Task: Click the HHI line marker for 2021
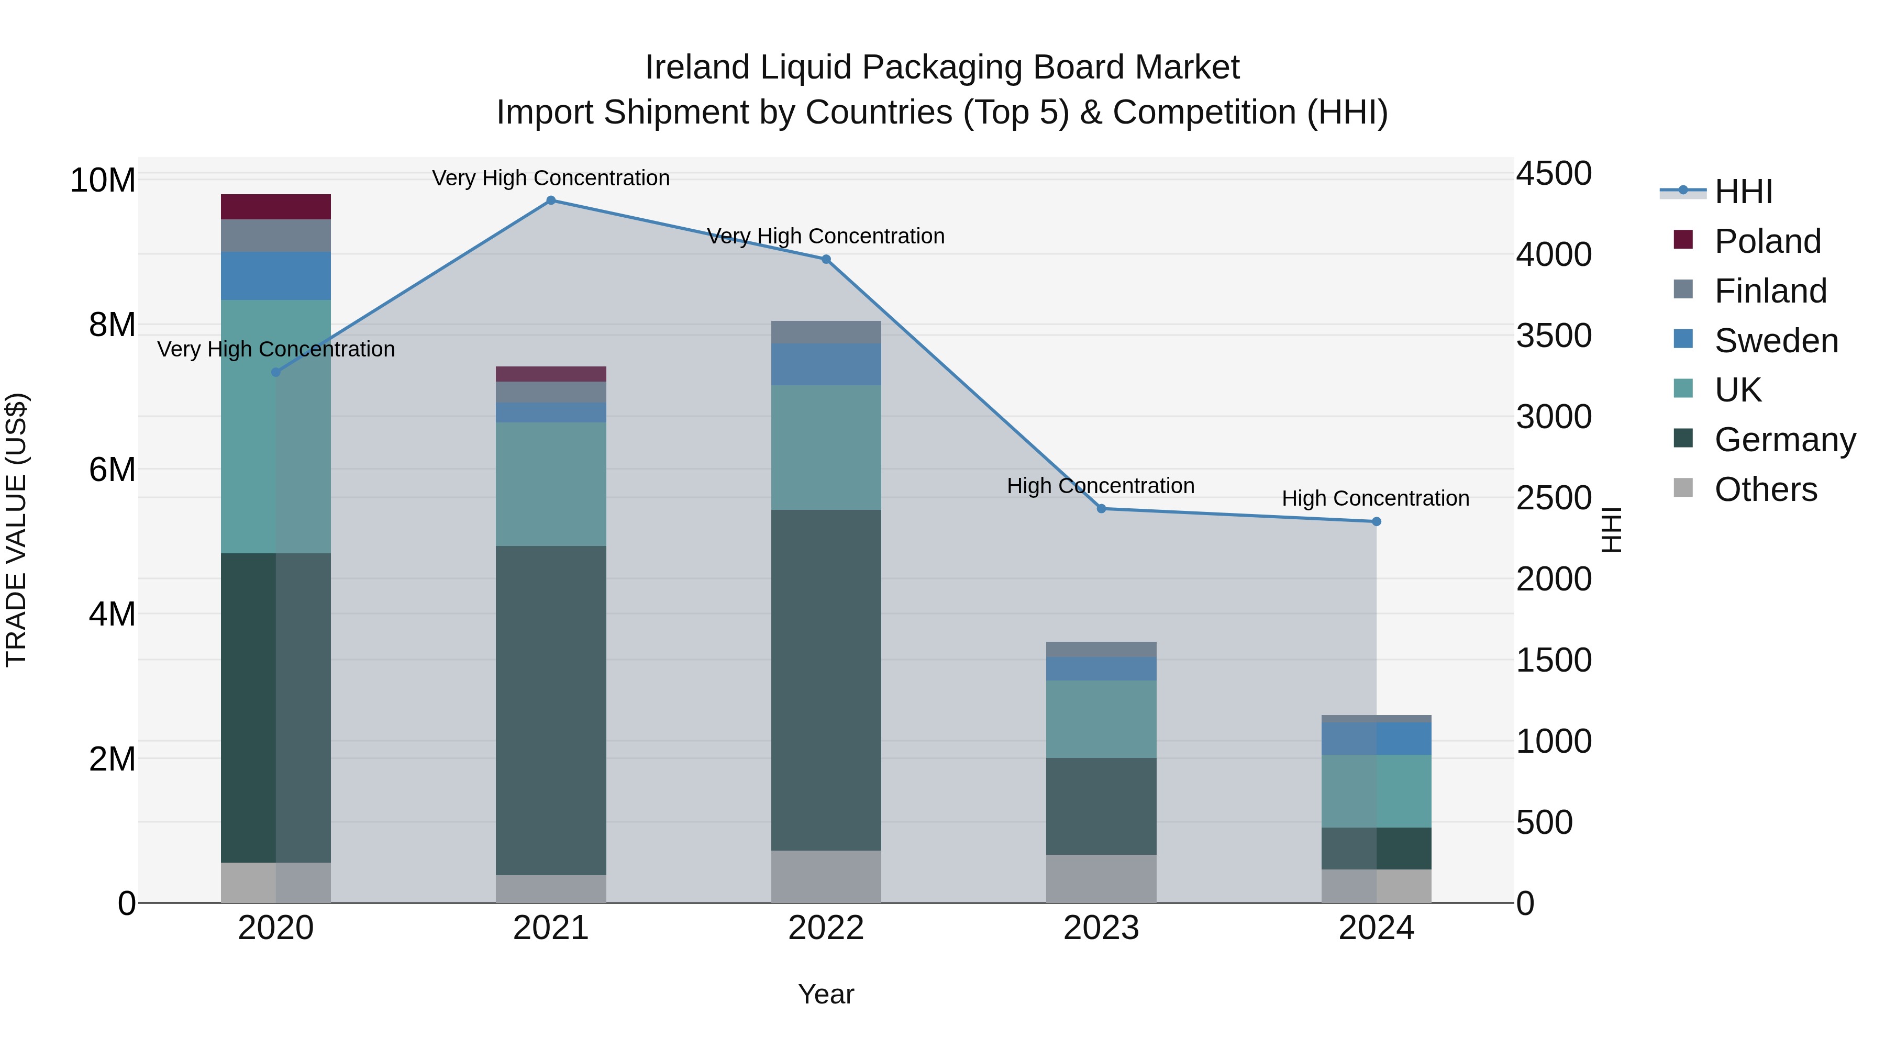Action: (x=551, y=200)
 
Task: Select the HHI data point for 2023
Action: (x=1101, y=508)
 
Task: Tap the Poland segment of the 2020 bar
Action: (x=276, y=206)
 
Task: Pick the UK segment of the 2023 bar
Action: (x=1101, y=719)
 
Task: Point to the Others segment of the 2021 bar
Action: (x=551, y=889)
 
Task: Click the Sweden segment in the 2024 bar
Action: (x=1377, y=738)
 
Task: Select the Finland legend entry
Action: (x=1770, y=291)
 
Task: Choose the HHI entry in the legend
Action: (x=1743, y=192)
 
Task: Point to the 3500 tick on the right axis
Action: (x=1554, y=336)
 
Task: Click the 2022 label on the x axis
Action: (x=826, y=928)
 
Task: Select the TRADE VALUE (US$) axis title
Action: (x=16, y=530)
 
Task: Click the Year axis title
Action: (x=826, y=994)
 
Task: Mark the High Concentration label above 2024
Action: (x=1376, y=498)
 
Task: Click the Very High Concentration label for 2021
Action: (x=551, y=178)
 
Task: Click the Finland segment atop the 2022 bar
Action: (x=826, y=332)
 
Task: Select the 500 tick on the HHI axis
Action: (x=1544, y=822)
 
